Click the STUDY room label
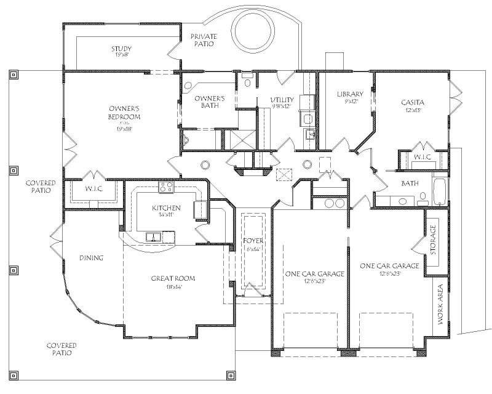coord(122,49)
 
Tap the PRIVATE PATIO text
coord(203,41)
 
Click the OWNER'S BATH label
coord(209,102)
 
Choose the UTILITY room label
coord(282,100)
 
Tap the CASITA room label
coord(413,102)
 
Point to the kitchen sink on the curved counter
coord(154,236)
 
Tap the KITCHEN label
coord(166,208)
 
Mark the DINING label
coord(91,258)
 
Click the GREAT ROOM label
coord(169,278)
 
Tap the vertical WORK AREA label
coord(440,304)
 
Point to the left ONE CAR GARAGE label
coord(314,273)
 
